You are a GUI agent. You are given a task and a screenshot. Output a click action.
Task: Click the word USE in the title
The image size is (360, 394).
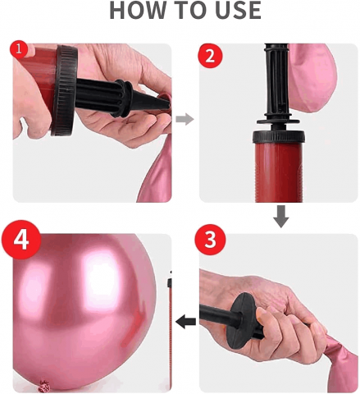point(237,10)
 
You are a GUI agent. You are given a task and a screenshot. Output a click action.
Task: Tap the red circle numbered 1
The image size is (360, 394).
point(19,49)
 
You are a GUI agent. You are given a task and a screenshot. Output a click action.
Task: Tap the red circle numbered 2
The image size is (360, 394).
point(210,56)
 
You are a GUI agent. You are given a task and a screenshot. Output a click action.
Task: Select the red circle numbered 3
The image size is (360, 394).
point(210,240)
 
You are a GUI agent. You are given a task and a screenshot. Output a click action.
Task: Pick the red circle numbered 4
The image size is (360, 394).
point(21,240)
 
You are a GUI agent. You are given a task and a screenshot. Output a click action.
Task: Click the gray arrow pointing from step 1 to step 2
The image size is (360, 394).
point(185,119)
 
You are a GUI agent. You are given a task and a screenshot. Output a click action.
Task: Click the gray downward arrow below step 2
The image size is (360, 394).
point(281,217)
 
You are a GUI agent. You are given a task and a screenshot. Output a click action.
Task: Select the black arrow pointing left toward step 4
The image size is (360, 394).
point(185,322)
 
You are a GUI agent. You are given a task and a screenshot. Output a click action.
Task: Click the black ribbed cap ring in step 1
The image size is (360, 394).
point(63,90)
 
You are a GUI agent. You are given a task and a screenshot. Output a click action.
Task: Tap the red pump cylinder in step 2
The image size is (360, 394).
point(279,172)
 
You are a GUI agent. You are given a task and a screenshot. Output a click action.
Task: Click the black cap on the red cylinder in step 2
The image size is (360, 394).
point(279,136)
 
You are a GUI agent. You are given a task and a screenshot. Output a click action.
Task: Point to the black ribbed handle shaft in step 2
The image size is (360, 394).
point(276,80)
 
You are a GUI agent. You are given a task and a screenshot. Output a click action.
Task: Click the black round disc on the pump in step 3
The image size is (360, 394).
point(242,320)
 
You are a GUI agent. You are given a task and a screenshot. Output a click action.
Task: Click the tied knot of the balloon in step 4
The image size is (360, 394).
point(43,385)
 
